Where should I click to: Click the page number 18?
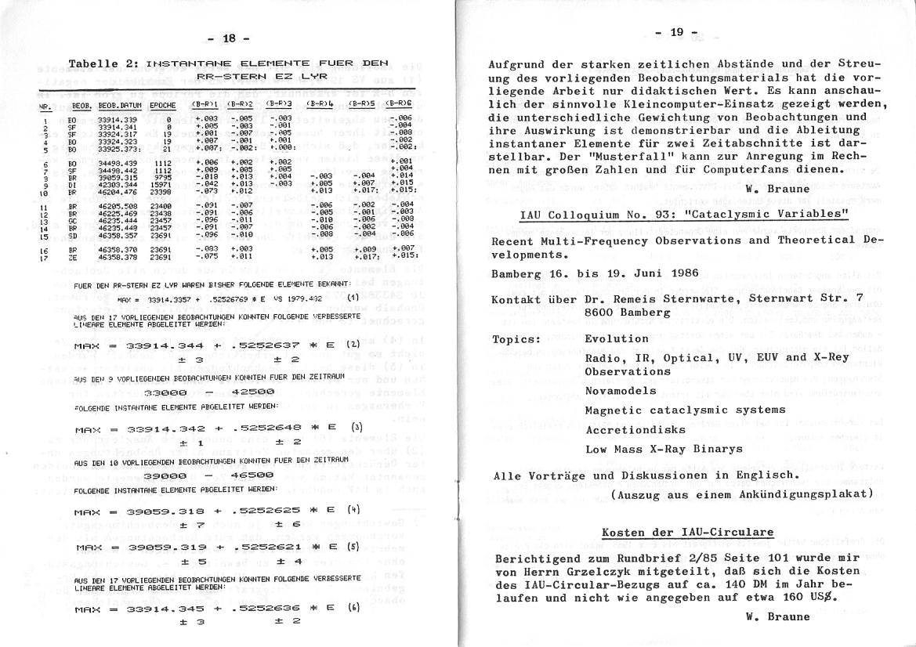tap(229, 38)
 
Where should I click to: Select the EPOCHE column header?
tap(162, 103)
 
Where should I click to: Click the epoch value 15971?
tap(161, 183)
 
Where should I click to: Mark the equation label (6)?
tap(354, 606)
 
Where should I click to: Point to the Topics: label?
tap(517, 339)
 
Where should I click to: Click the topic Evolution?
tap(617, 339)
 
